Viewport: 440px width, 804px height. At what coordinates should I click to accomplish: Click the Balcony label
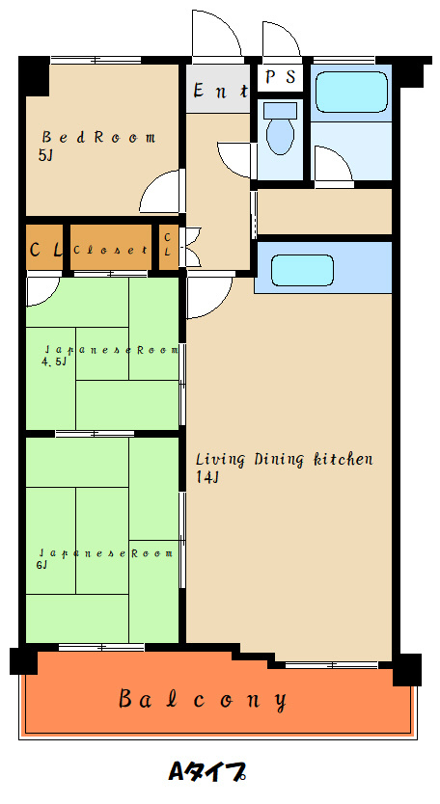pos(203,699)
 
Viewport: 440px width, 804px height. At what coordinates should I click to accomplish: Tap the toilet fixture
pos(281,129)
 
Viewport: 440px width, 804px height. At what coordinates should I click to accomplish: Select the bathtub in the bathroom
pos(351,92)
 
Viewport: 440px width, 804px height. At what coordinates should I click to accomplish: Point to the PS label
pos(281,77)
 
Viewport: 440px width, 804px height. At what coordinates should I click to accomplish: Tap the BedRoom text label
pos(98,138)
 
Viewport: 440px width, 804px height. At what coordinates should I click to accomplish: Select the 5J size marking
pos(45,156)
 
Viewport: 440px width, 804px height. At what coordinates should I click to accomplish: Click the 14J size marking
pos(207,477)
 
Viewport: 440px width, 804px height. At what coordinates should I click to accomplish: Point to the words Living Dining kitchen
pos(284,459)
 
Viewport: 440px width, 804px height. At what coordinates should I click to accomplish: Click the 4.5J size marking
pos(54,362)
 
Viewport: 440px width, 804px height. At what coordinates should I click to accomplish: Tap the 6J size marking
pos(42,566)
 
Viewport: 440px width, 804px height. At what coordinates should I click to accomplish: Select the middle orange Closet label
pos(111,251)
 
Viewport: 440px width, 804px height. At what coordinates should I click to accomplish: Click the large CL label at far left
pos(45,250)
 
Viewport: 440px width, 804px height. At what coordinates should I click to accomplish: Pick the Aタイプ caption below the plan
pos(207,770)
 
